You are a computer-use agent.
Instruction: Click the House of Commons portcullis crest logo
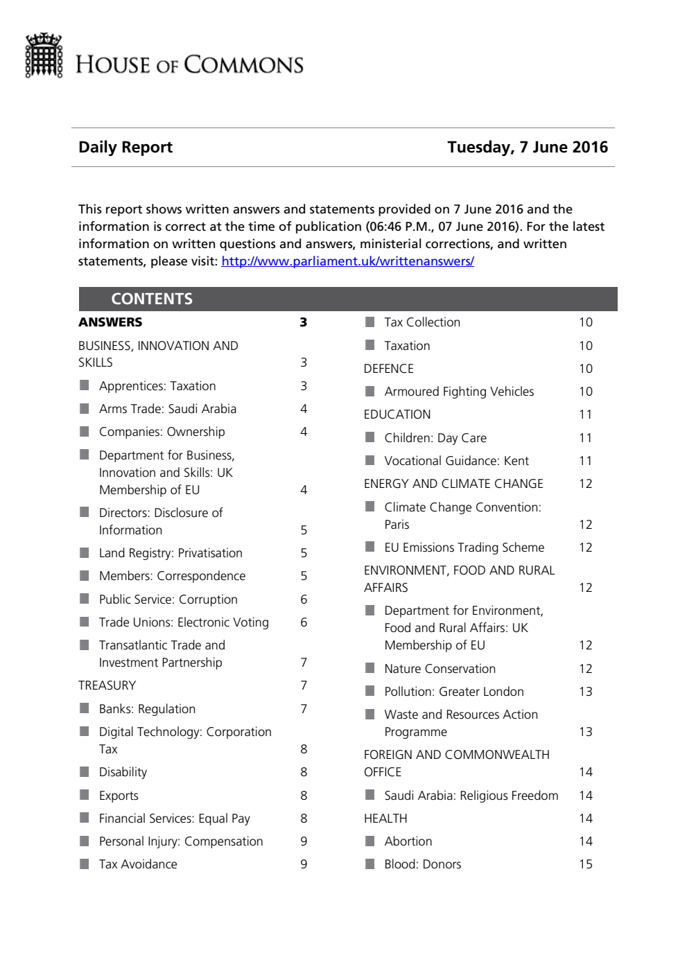44,55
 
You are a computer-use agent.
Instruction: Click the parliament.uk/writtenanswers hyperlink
347,261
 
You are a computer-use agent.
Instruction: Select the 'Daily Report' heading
125,147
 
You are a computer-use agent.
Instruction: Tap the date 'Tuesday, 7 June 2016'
527,147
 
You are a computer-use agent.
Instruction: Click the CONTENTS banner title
152,299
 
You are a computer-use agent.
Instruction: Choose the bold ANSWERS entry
110,322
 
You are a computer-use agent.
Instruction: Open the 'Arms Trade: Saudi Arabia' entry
167,409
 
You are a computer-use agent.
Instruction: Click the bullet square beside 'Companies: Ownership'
85,432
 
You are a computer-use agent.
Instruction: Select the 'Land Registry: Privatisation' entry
171,553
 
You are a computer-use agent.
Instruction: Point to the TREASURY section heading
107,685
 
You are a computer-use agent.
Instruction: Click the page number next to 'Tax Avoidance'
304,864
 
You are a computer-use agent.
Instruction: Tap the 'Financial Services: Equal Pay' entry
174,819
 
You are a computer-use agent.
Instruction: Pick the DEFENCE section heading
388,369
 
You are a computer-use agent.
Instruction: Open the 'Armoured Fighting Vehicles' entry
459,392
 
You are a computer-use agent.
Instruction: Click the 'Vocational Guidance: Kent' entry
456,461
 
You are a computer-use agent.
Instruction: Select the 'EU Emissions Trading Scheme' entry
464,548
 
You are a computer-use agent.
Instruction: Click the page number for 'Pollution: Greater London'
586,692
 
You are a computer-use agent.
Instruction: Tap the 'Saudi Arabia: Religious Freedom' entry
471,796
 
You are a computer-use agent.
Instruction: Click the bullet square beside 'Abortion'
370,841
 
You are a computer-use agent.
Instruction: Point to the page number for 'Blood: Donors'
586,864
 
